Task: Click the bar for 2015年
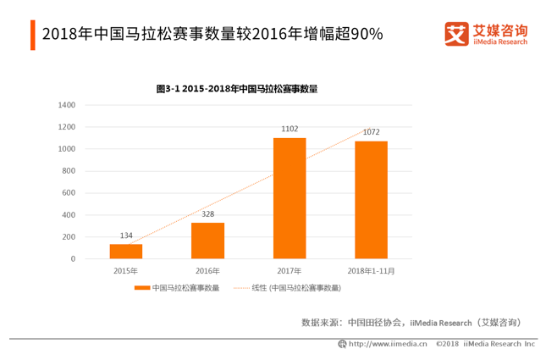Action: point(125,251)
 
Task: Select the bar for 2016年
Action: point(207,241)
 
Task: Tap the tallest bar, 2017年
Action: point(290,198)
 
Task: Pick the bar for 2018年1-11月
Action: point(371,200)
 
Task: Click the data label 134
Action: point(125,236)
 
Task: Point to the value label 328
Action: point(207,215)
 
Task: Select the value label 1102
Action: point(290,130)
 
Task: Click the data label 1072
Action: point(371,132)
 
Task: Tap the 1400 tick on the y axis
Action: point(67,105)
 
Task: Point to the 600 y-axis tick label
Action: point(69,192)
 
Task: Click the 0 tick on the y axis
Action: point(74,258)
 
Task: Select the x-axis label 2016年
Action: point(207,271)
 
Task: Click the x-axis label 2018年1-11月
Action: point(371,271)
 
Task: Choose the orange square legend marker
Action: point(141,288)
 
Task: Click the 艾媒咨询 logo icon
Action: point(457,34)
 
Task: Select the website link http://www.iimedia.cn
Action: point(388,344)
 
